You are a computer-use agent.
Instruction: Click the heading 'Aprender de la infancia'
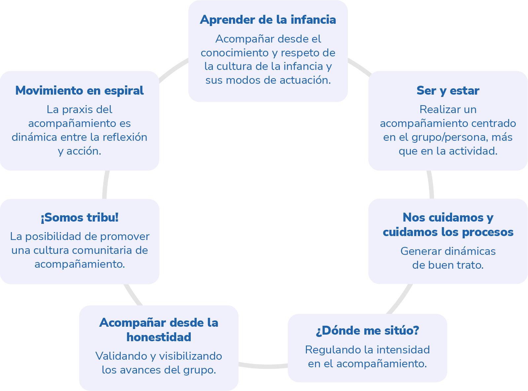[268, 20]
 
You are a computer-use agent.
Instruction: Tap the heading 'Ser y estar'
[448, 90]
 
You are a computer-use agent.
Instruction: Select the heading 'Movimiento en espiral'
[79, 90]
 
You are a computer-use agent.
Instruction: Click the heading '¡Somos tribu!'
[79, 218]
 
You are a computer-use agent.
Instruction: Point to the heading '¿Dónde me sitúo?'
[367, 330]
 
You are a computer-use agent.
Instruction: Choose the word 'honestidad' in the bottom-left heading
[159, 337]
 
